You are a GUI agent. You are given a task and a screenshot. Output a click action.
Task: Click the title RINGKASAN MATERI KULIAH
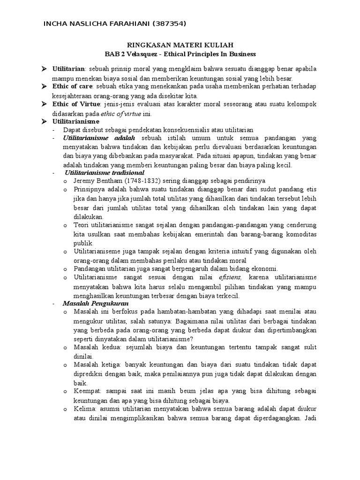pyautogui.click(x=180, y=45)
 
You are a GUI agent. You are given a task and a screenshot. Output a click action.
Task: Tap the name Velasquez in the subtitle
pyautogui.click(x=148, y=54)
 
